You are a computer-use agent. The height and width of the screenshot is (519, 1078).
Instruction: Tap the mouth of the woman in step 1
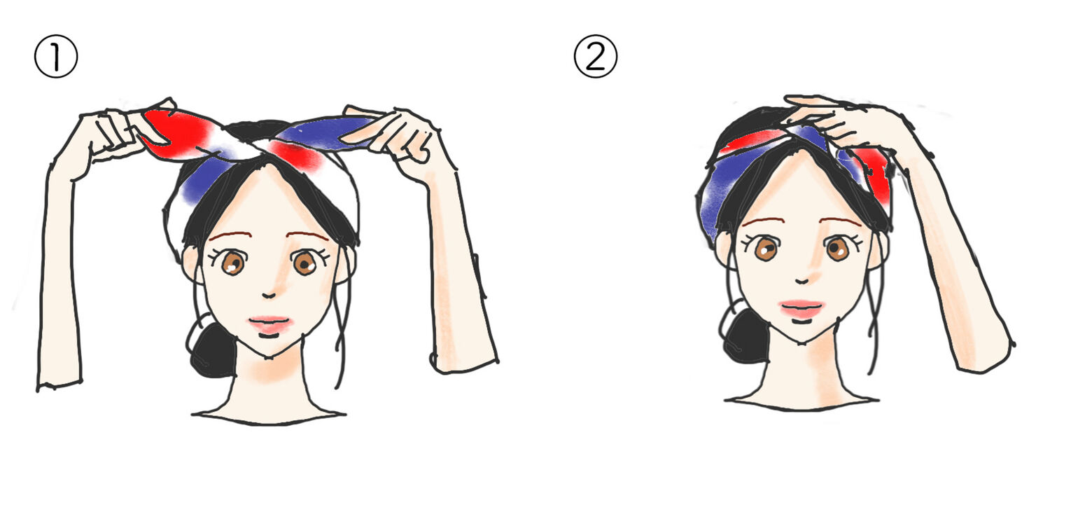[x=271, y=324]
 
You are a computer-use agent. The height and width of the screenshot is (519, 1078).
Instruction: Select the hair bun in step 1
[x=212, y=350]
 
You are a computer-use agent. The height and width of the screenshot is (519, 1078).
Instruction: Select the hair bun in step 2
[x=744, y=335]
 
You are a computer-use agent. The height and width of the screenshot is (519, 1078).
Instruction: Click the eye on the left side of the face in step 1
[x=232, y=263]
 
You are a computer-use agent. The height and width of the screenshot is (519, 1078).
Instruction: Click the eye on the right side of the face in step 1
[x=304, y=263]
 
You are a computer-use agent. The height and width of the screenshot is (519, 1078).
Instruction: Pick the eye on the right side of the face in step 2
[x=837, y=248]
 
